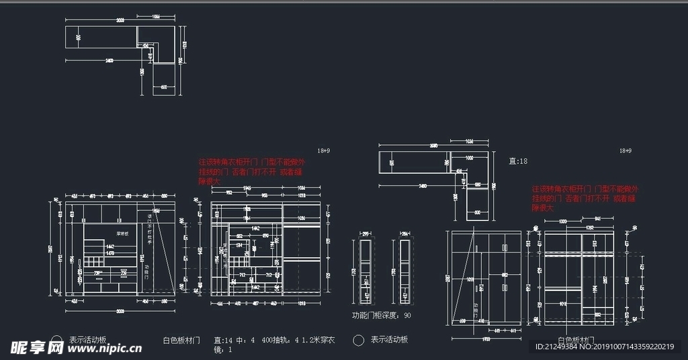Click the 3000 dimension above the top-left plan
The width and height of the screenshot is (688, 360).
point(120,20)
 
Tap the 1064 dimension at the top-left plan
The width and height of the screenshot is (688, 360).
point(156,15)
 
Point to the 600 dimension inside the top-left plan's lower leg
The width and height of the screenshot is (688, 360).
point(163,87)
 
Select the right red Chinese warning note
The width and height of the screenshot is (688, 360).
point(585,198)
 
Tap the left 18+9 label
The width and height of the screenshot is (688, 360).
point(324,151)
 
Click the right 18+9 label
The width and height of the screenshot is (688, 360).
point(626,151)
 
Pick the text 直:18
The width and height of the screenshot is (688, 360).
point(518,161)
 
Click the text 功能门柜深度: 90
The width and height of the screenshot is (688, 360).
point(382,314)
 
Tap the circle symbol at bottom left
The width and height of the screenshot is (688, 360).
point(57,340)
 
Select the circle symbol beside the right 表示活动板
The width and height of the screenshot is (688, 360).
point(359,341)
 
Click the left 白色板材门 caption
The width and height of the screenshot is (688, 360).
point(181,341)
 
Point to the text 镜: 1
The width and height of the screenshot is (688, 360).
point(222,350)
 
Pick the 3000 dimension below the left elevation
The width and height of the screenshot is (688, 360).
point(120,311)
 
